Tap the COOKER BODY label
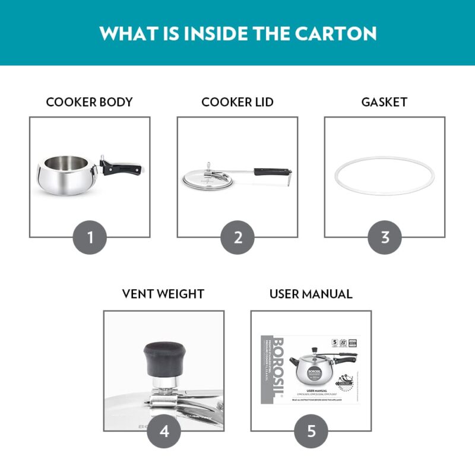coord(89,102)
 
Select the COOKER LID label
coord(237,102)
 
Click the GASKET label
coord(384,102)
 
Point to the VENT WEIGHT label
coord(163,294)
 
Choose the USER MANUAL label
coord(311,294)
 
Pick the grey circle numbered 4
coord(164,431)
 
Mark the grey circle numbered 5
coord(311,431)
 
